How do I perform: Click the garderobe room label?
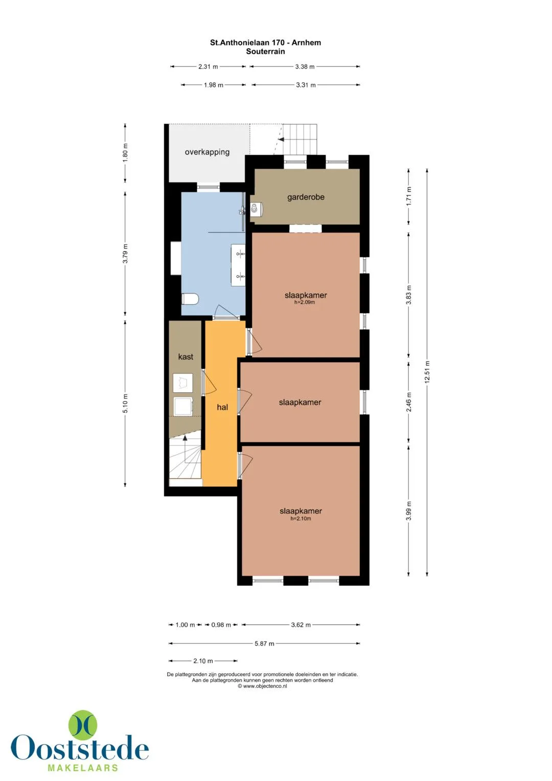[x=306, y=197]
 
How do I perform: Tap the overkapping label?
[x=207, y=152]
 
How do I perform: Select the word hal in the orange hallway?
[x=222, y=407]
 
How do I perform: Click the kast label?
[x=186, y=356]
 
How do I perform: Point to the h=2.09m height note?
[x=305, y=302]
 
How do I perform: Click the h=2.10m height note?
[x=301, y=519]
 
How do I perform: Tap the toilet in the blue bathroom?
[x=190, y=299]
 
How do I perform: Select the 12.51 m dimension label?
[x=427, y=372]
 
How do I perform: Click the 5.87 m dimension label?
[x=264, y=643]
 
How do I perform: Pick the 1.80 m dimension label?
[x=125, y=152]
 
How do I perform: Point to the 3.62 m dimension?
[x=301, y=624]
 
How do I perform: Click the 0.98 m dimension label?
[x=221, y=624]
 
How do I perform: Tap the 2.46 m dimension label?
[x=409, y=401]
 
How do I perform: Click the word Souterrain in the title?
[x=266, y=51]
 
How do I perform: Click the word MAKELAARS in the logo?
[x=83, y=768]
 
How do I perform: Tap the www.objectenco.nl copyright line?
[x=262, y=686]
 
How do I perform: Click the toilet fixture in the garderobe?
[x=256, y=209]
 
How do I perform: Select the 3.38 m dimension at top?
[x=305, y=66]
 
